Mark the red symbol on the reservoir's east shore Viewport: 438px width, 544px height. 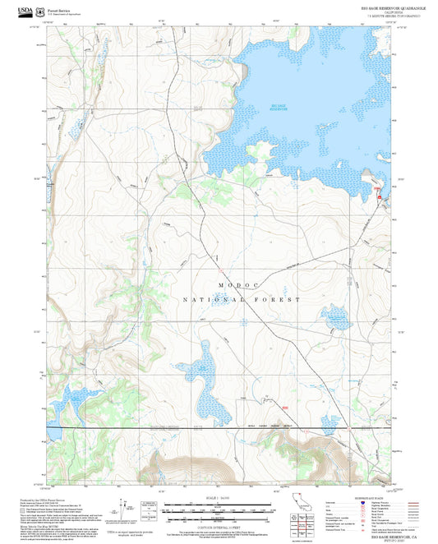[x=378, y=194]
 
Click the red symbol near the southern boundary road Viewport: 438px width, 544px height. [x=284, y=408]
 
